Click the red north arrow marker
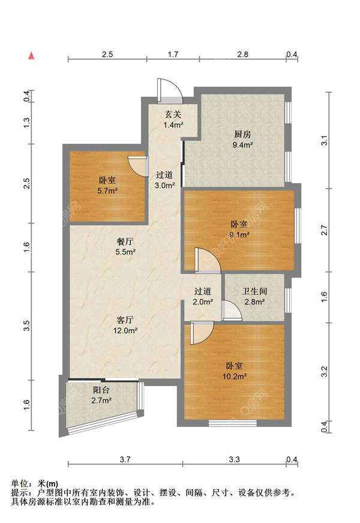[31, 56]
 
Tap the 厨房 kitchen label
[242, 135]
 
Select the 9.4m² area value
[242, 145]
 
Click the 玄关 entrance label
[173, 115]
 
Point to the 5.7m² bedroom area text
[107, 191]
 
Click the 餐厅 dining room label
[125, 241]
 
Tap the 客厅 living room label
[125, 320]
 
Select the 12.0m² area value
[125, 330]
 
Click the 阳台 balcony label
[101, 390]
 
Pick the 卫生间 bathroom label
[254, 291]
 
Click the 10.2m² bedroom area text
[235, 376]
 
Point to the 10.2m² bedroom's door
[202, 333]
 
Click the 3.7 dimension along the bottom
[125, 459]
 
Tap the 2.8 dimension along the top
[242, 54]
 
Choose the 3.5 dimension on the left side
[28, 325]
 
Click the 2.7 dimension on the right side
[324, 231]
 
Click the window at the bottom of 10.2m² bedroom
[233, 423]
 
